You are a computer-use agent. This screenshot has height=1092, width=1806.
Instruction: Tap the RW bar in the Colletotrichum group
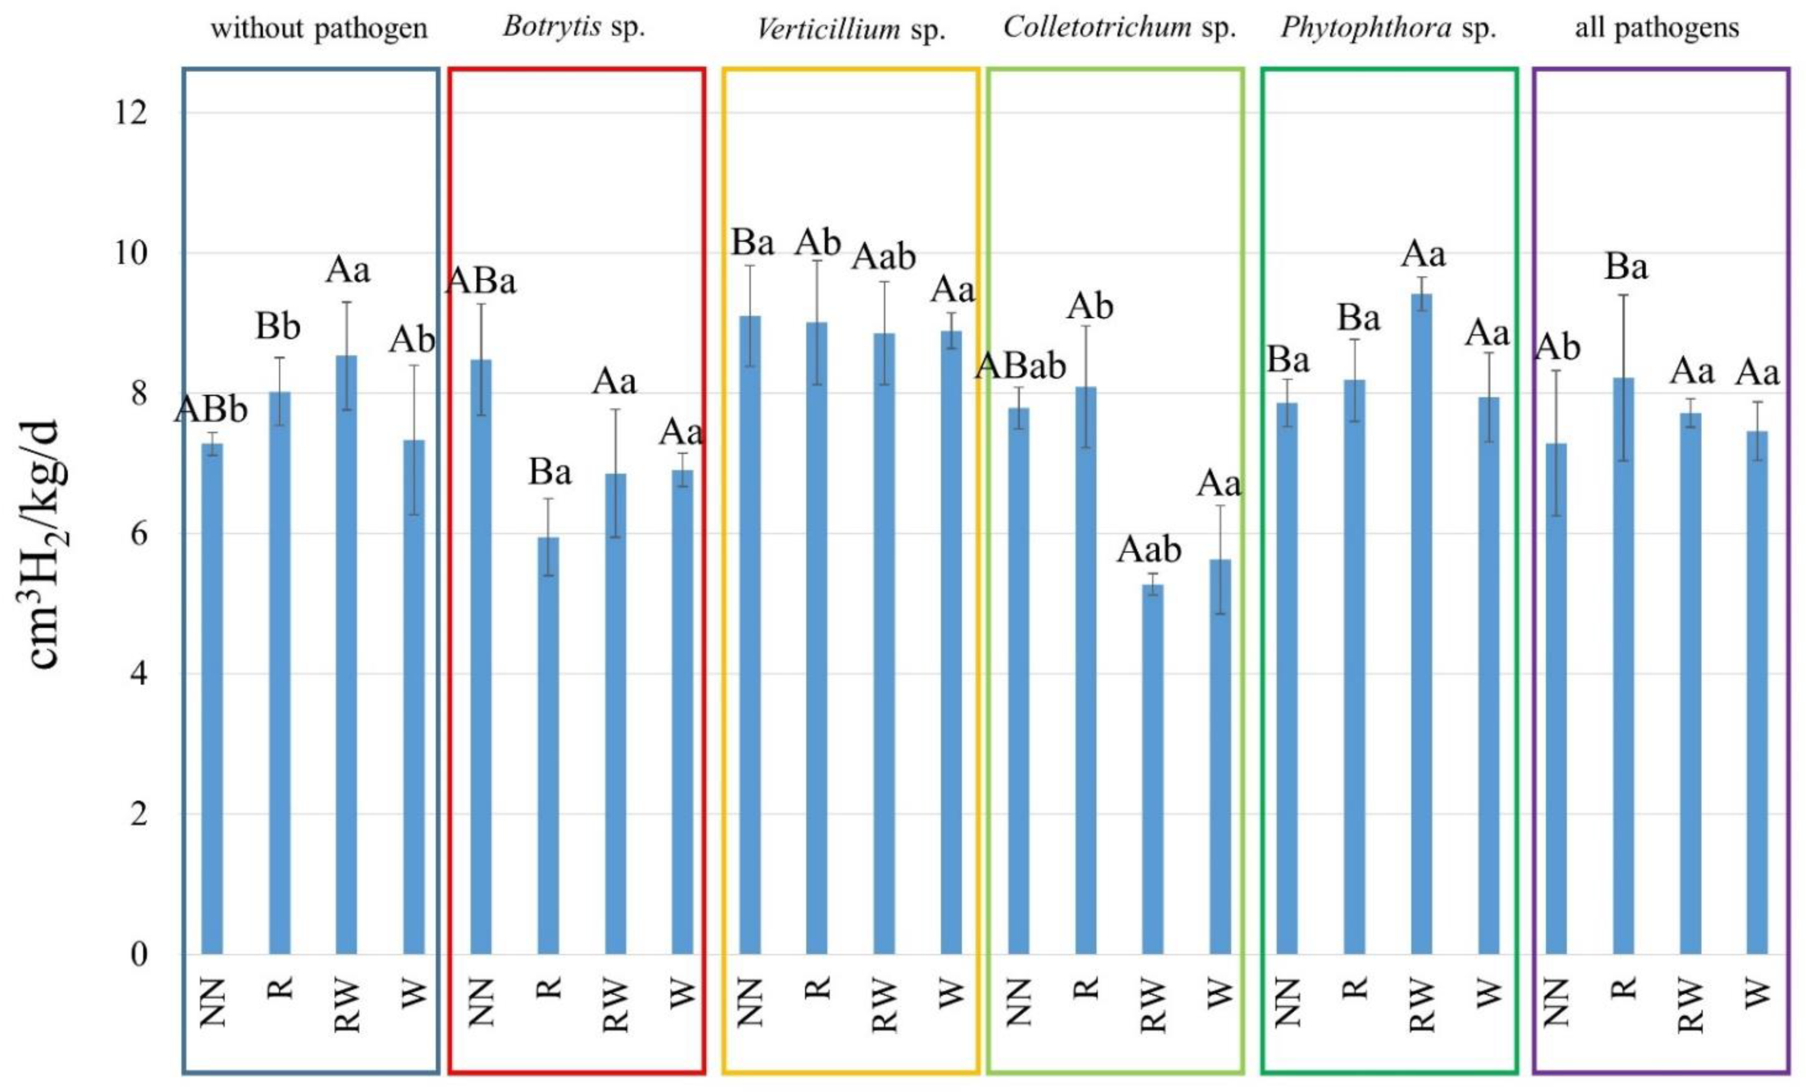pos(1153,769)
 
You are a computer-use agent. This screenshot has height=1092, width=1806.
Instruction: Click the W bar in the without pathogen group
pos(414,696)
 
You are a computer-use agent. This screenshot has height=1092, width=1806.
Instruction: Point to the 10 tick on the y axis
pos(129,253)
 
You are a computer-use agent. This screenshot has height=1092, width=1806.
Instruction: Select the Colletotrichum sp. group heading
pos(1119,28)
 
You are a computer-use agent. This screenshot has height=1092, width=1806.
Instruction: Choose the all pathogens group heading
pos(1656,28)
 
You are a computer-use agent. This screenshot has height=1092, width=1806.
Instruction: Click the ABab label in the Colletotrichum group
pos(1020,366)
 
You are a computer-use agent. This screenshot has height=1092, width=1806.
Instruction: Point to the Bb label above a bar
pos(278,327)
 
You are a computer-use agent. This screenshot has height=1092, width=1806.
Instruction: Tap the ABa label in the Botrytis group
pos(481,281)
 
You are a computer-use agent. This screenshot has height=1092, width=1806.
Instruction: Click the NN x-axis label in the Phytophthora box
pos(1287,1002)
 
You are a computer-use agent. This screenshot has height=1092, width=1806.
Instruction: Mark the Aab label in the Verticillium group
pos(883,257)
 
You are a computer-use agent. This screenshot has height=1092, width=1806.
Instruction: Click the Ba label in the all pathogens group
pos(1626,268)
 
